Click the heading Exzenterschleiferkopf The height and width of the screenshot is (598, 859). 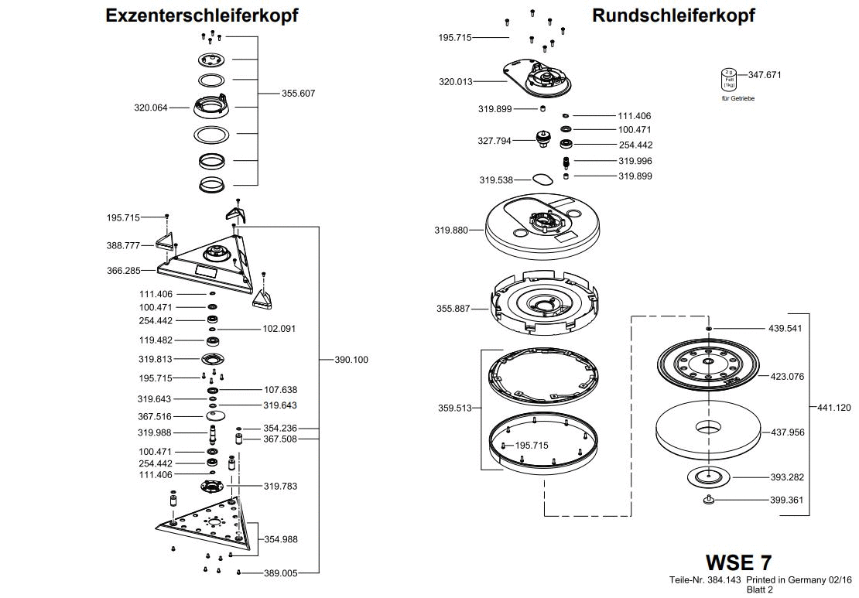tap(202, 15)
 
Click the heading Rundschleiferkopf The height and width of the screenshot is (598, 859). tap(673, 15)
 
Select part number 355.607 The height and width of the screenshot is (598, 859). tap(298, 93)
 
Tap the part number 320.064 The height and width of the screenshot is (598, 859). tap(151, 108)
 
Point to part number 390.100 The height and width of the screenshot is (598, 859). tap(351, 359)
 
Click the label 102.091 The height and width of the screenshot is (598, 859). tap(279, 328)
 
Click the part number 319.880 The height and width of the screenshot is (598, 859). tap(452, 230)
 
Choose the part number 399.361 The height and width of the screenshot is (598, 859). tap(786, 500)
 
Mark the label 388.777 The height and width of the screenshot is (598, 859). tap(123, 245)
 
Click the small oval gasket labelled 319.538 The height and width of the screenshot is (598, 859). tap(542, 179)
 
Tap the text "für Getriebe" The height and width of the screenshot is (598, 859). tap(738, 98)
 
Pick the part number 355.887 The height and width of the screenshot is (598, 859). tap(452, 309)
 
